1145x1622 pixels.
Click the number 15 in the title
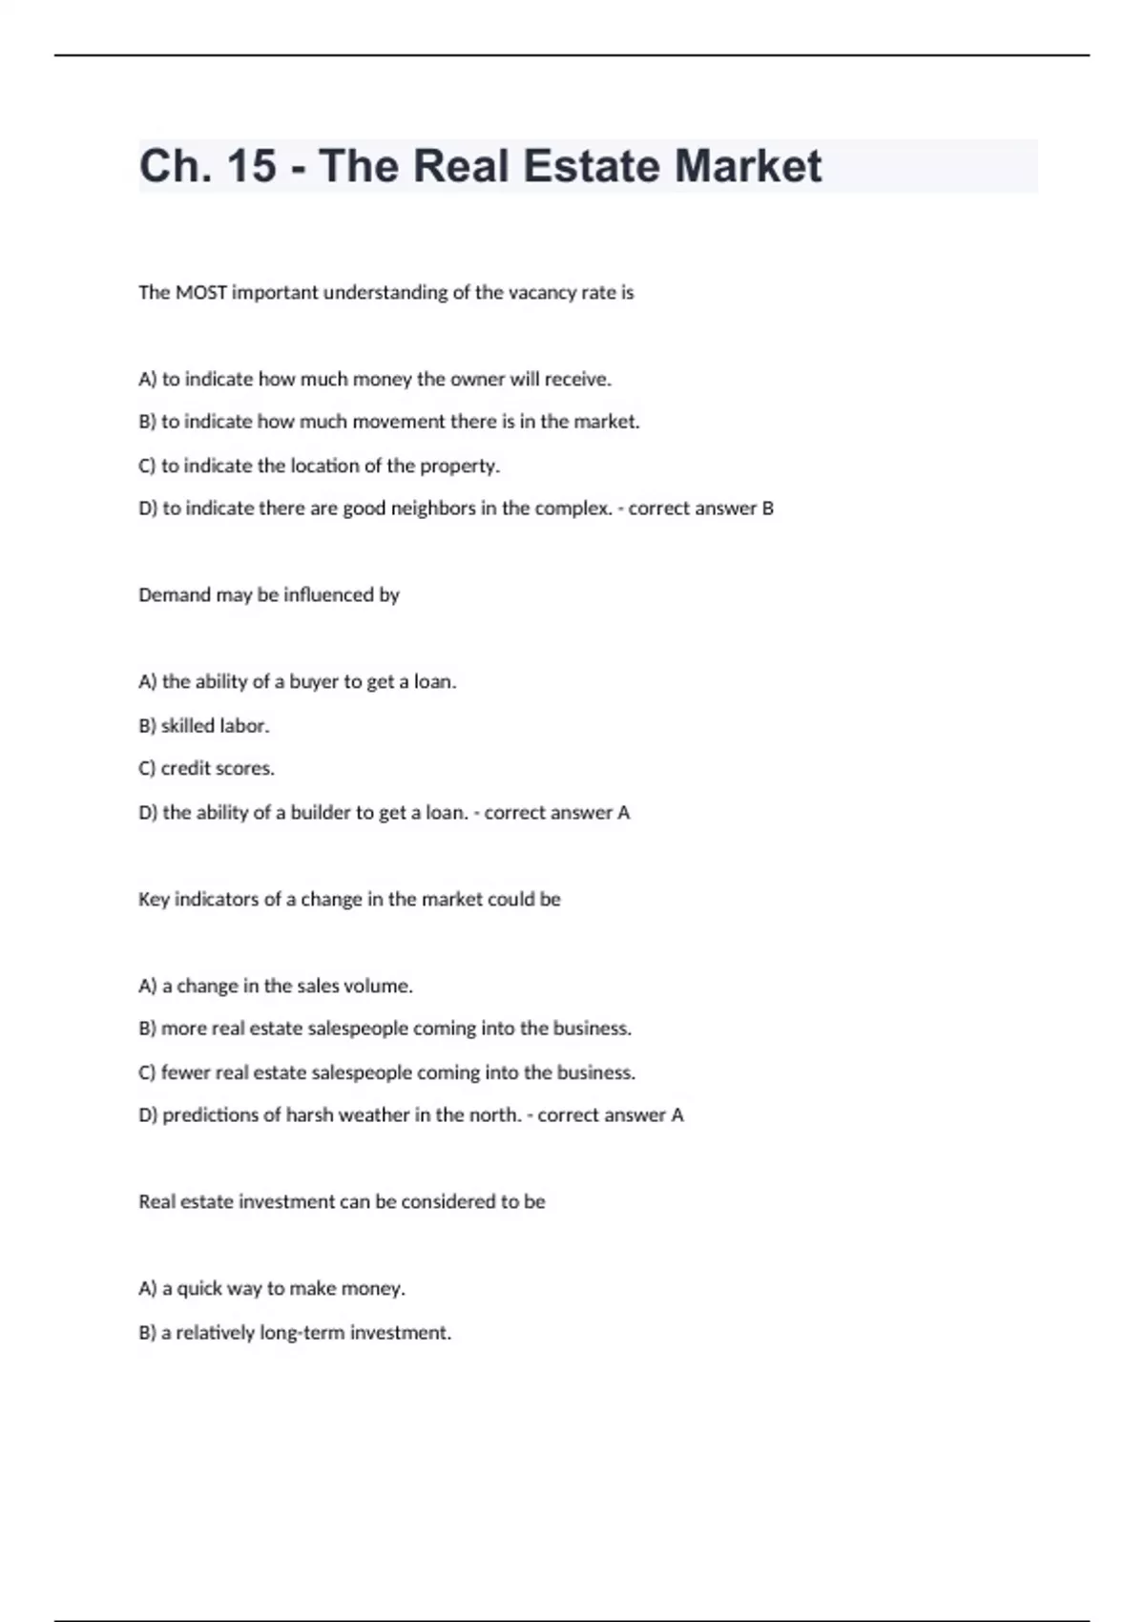252,166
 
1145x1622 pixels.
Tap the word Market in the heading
748,166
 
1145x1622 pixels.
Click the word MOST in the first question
201,293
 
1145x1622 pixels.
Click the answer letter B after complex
767,509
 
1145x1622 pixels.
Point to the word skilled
187,726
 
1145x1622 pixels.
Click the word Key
154,900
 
